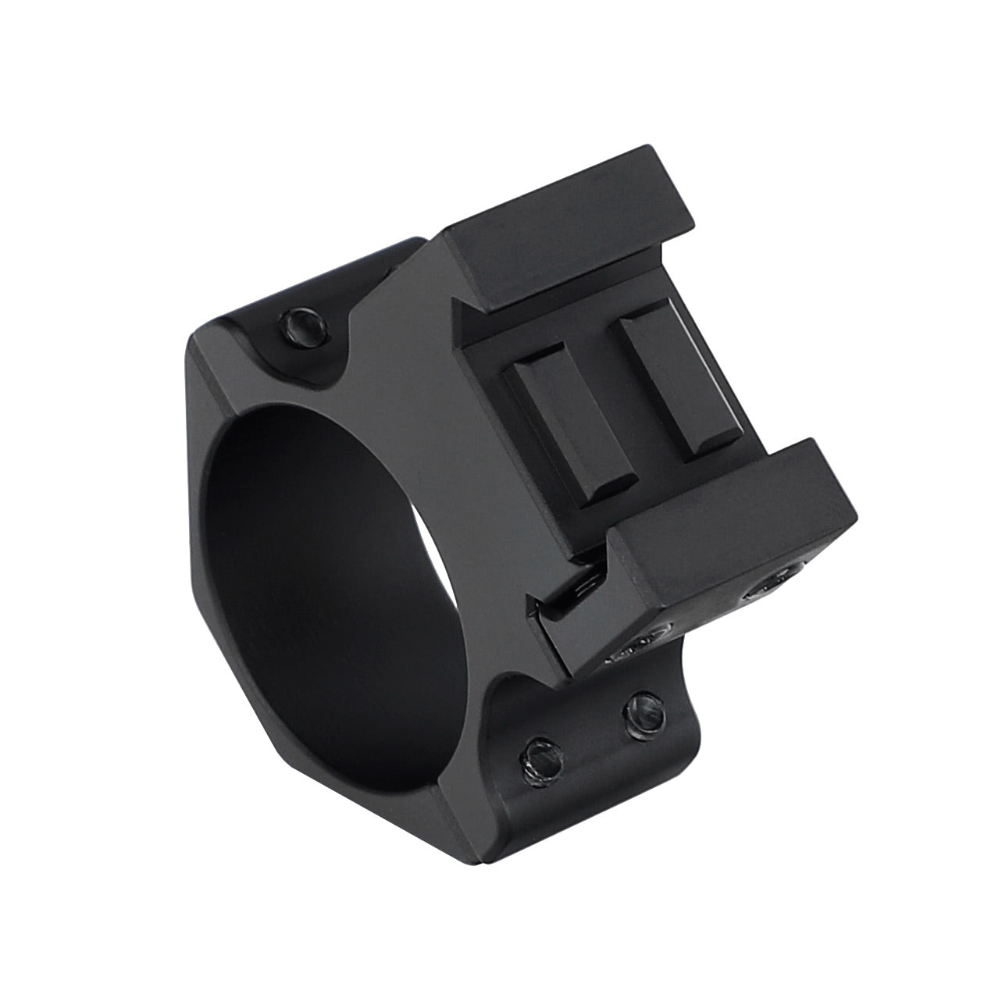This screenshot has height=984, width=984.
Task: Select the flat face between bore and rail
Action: pos(422,390)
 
